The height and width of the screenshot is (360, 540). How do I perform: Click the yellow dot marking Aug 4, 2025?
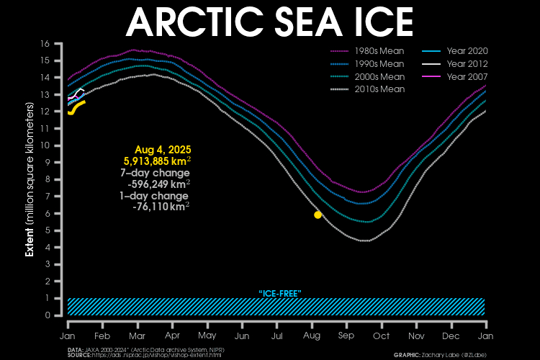point(318,215)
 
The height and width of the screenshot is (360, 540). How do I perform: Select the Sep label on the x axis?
point(347,336)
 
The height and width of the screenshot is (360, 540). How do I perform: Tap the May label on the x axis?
point(207,336)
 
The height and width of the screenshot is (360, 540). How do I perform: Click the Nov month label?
point(416,336)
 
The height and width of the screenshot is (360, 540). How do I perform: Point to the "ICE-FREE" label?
point(279,293)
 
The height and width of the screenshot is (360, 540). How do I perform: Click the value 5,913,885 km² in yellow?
point(157,161)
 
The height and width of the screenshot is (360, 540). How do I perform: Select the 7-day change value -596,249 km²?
point(161,184)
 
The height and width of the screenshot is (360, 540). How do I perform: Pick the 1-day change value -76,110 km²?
point(161,207)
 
